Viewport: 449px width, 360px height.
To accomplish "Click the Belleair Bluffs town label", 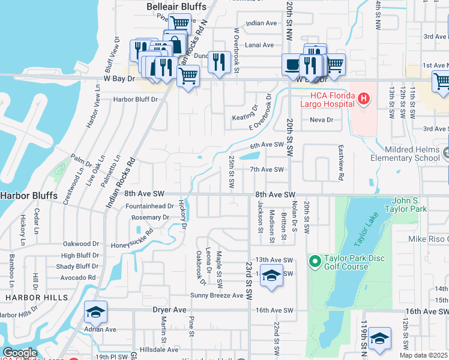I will click(x=176, y=7).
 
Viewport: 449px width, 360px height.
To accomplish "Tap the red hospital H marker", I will click(x=363, y=98).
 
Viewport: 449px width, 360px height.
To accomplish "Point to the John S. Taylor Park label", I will click(x=409, y=205).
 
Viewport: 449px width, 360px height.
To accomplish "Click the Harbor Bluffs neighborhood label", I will click(x=28, y=196).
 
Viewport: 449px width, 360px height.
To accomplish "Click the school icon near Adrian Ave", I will click(x=95, y=312).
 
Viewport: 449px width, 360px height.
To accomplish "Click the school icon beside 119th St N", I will click(x=379, y=339).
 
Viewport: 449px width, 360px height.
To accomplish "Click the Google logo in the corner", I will click(x=19, y=353).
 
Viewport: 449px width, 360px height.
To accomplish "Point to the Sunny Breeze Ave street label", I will click(x=217, y=295).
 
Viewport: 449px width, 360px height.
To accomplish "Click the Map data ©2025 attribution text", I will click(x=423, y=355).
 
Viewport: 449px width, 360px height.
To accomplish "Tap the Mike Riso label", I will click(x=429, y=239).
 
